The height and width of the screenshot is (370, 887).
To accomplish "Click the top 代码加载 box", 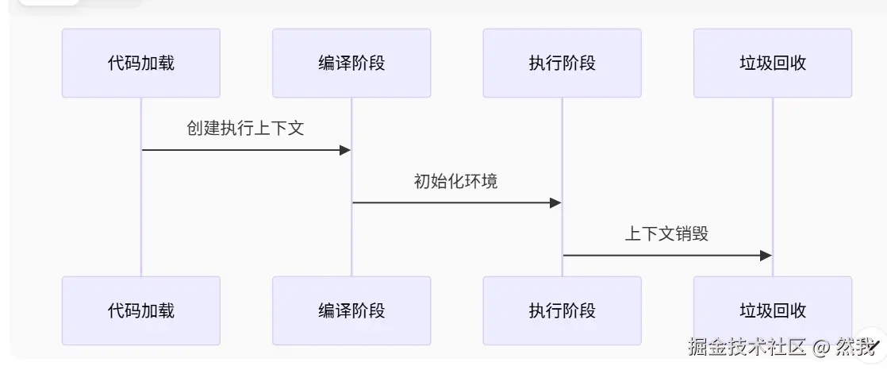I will [141, 64].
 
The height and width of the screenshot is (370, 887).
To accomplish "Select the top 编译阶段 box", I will [351, 64].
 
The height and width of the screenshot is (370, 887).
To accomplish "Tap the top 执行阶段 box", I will [562, 64].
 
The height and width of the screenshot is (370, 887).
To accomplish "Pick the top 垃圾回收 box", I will [772, 64].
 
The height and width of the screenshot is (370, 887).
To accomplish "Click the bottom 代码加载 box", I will [141, 310].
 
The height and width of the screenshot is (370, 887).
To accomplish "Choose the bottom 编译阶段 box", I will [351, 310].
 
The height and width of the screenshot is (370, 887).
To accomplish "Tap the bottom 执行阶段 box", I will [562, 310].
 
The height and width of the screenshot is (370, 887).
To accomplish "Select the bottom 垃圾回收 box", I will [772, 310].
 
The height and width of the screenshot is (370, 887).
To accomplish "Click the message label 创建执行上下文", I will [245, 129].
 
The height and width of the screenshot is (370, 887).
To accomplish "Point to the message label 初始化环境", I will [456, 181].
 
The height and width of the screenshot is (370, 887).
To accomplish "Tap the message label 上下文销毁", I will [666, 233].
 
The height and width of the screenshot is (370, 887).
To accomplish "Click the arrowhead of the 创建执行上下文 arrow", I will [345, 150].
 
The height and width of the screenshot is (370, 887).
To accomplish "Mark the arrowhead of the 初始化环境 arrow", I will [555, 202].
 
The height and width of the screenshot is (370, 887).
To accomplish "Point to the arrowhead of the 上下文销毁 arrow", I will [766, 255].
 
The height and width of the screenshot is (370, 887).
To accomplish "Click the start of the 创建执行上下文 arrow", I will [143, 150].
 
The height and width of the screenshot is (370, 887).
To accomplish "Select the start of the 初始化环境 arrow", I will [353, 202].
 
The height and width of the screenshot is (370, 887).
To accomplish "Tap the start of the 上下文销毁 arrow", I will [563, 255].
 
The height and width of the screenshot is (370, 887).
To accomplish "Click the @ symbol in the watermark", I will [821, 347].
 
